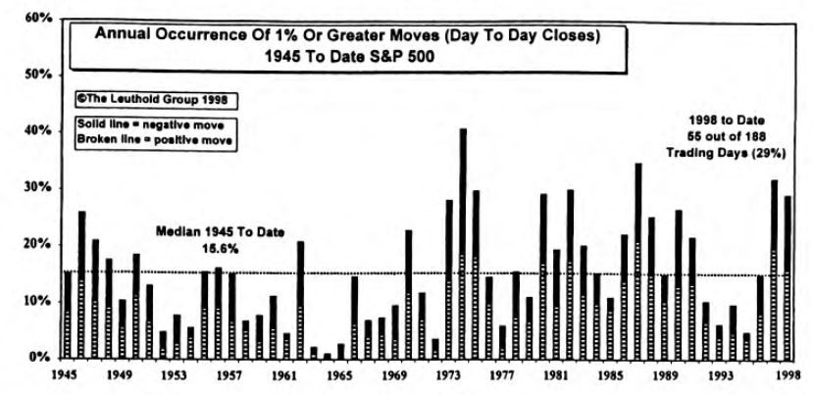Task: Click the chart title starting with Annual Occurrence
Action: [345, 35]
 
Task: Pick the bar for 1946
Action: [81, 284]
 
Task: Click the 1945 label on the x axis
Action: [66, 374]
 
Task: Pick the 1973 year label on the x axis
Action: [448, 374]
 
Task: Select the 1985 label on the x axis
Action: [611, 374]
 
